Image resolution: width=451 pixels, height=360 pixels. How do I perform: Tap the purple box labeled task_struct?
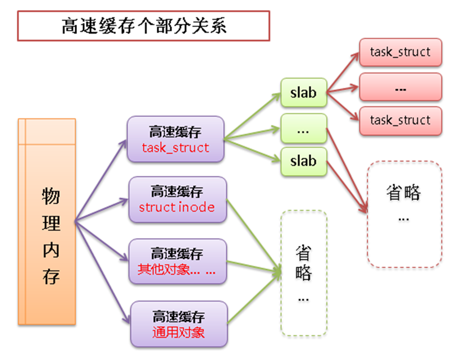(x=175, y=139)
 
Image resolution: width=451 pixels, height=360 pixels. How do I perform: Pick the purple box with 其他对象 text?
(x=177, y=262)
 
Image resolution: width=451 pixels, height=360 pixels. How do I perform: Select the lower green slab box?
(x=303, y=161)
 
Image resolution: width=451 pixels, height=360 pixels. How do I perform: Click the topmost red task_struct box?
(x=400, y=52)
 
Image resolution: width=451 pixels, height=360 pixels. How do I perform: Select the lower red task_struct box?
(x=400, y=120)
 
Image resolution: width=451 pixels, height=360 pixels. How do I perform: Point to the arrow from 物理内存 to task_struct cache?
(x=101, y=180)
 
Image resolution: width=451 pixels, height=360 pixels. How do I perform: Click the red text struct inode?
(x=177, y=207)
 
